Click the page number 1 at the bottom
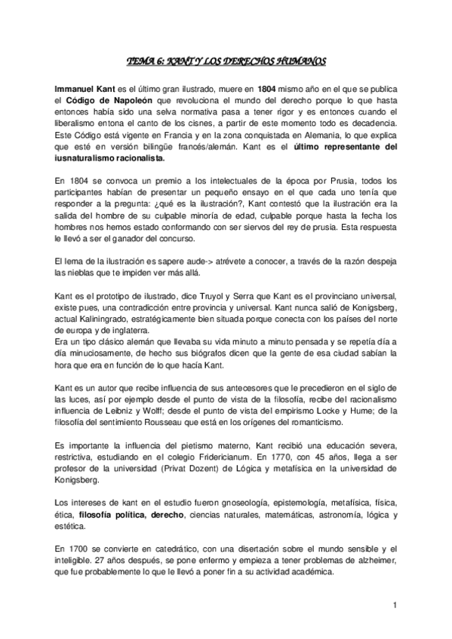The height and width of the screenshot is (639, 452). (x=394, y=605)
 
